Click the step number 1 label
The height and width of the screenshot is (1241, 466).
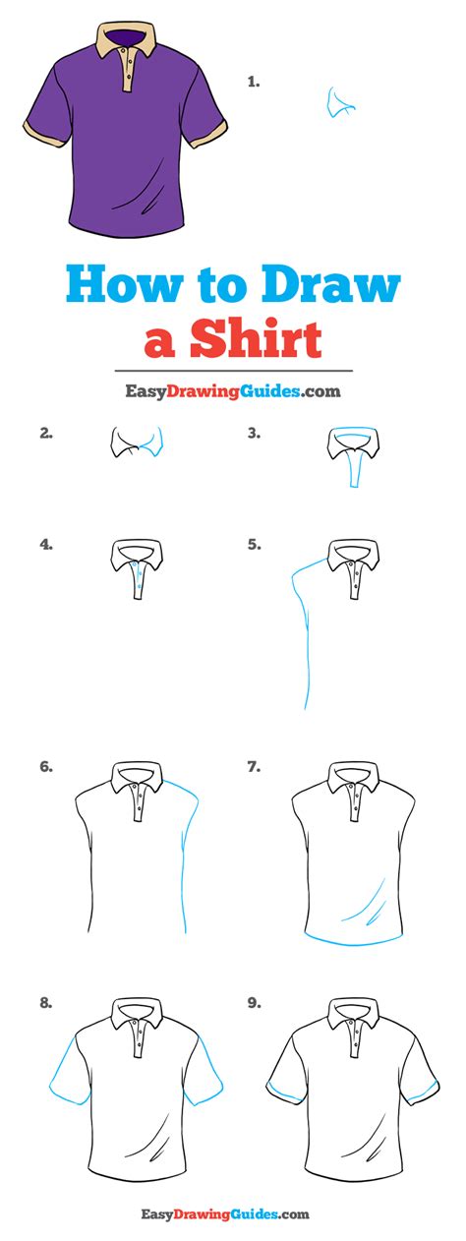[x=254, y=82]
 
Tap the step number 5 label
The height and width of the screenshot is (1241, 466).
[x=255, y=545]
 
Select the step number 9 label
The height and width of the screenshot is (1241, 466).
[x=255, y=1003]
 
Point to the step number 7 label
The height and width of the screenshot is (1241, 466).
[x=255, y=767]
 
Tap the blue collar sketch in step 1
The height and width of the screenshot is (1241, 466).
[x=339, y=102]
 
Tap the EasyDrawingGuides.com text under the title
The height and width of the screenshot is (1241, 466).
[x=233, y=391]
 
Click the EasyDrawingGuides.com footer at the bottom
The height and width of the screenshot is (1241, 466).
[x=225, y=1225]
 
